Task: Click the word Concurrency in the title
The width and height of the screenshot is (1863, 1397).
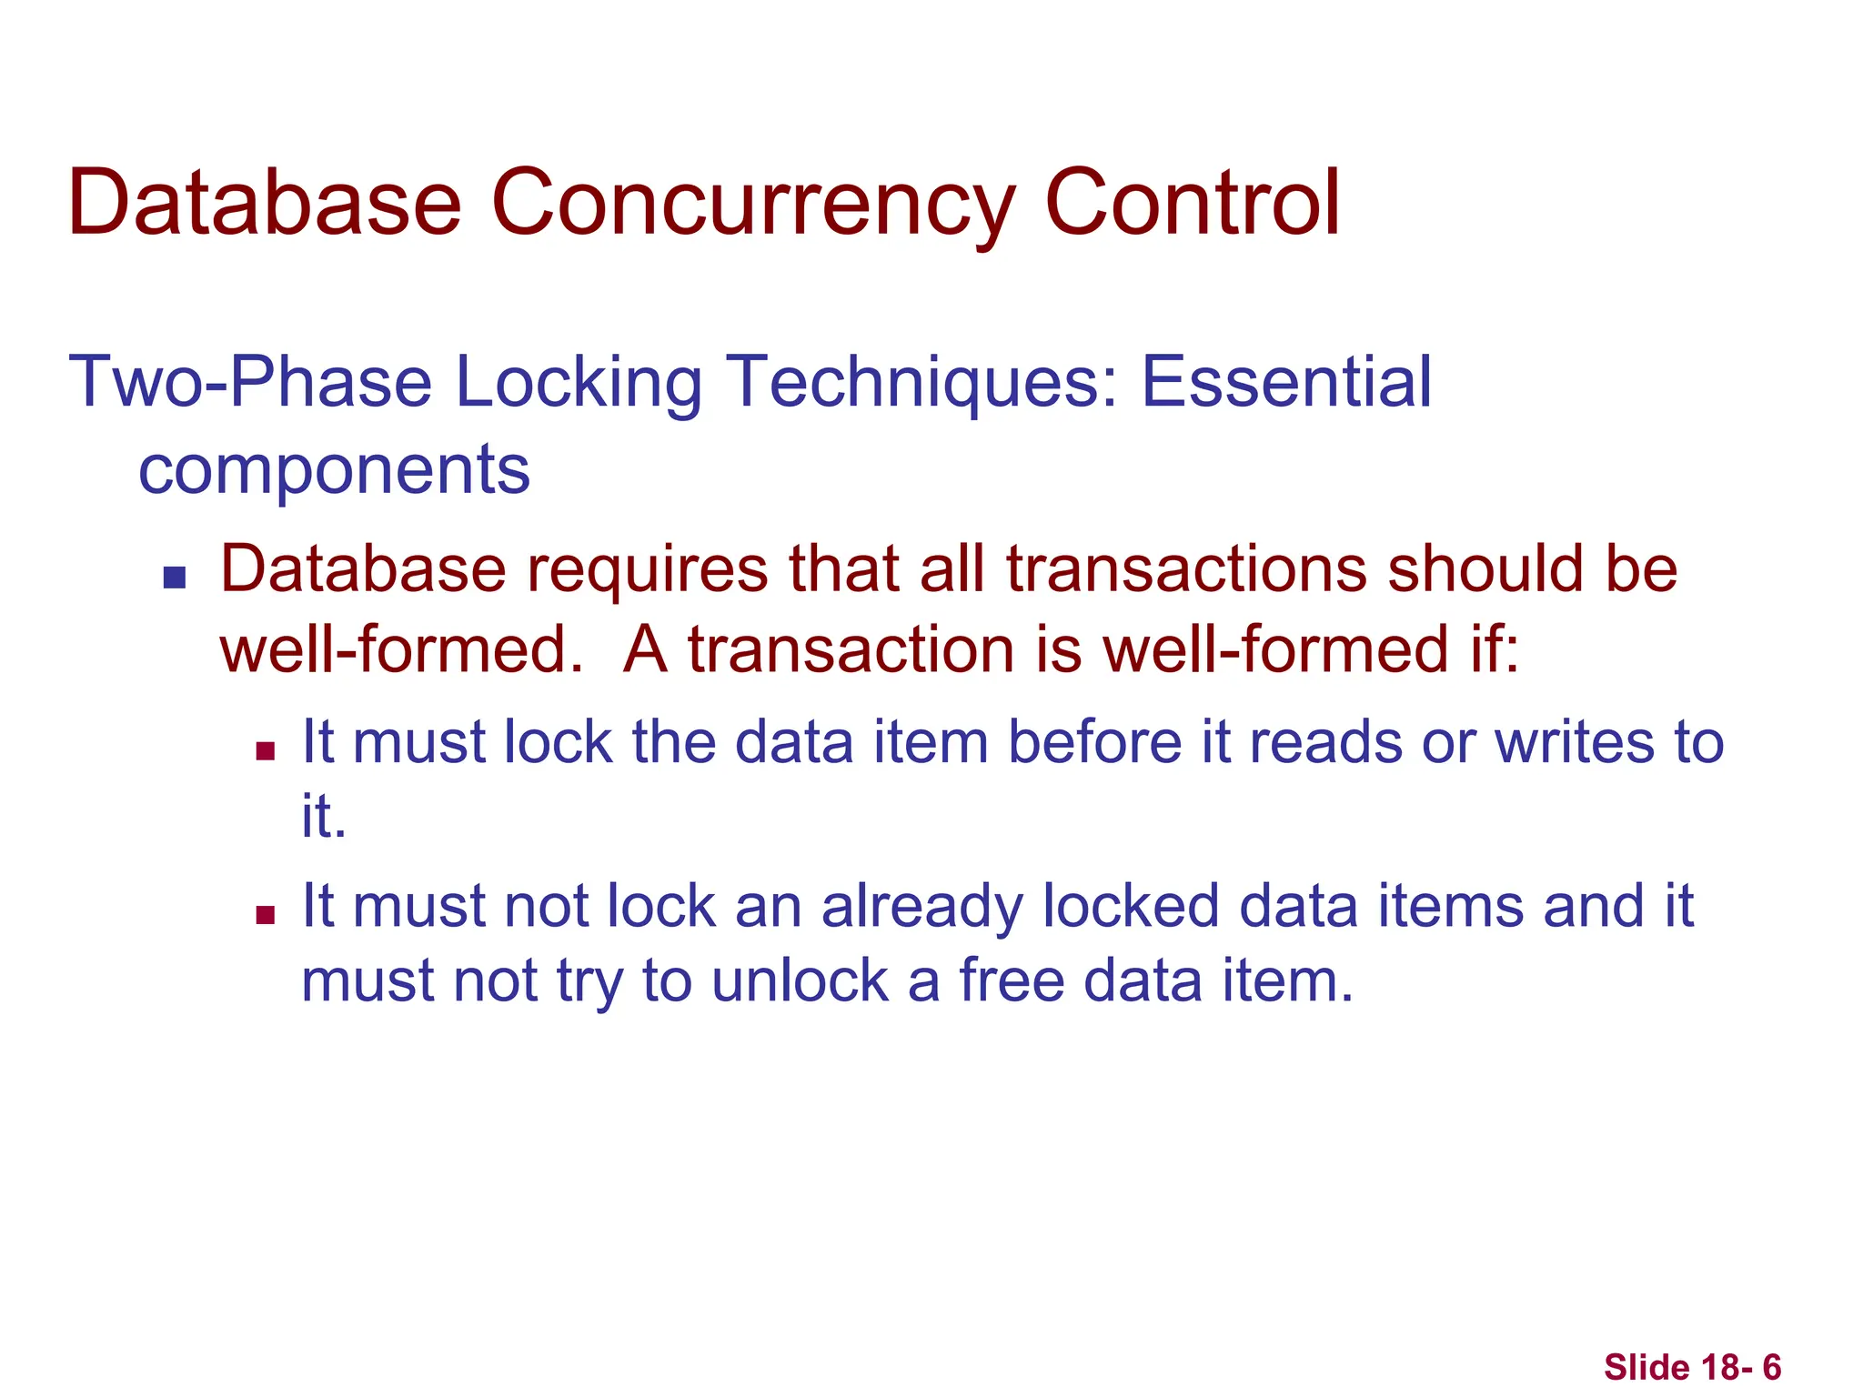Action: [x=753, y=205]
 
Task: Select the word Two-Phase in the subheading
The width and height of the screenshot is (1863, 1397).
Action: [x=250, y=382]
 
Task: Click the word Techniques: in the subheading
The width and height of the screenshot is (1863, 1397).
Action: [x=922, y=382]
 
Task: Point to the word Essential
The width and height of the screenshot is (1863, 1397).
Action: [x=1285, y=382]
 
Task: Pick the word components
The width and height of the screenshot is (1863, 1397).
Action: [x=334, y=470]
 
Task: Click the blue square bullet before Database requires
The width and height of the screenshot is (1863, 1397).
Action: [x=175, y=578]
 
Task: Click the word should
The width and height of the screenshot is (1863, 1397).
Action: [x=1486, y=569]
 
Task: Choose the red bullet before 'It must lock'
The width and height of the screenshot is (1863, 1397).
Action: [x=266, y=750]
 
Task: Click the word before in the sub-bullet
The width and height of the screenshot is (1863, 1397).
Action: [x=1094, y=741]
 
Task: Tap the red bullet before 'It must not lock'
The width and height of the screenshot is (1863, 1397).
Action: [x=266, y=915]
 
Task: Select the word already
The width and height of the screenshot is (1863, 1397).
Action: [x=921, y=907]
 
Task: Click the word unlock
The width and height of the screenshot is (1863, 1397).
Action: [x=800, y=981]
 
